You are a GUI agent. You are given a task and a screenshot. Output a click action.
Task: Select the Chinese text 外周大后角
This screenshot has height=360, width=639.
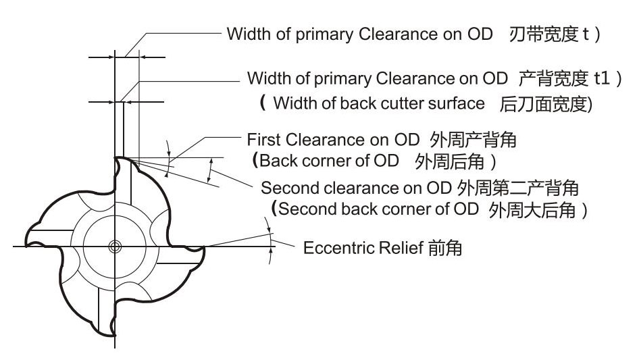[x=531, y=209]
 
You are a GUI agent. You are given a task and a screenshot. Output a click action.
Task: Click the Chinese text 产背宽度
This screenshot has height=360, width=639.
[x=551, y=78]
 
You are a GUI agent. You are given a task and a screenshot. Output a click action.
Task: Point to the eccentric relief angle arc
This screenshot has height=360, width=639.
[x=270, y=240]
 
